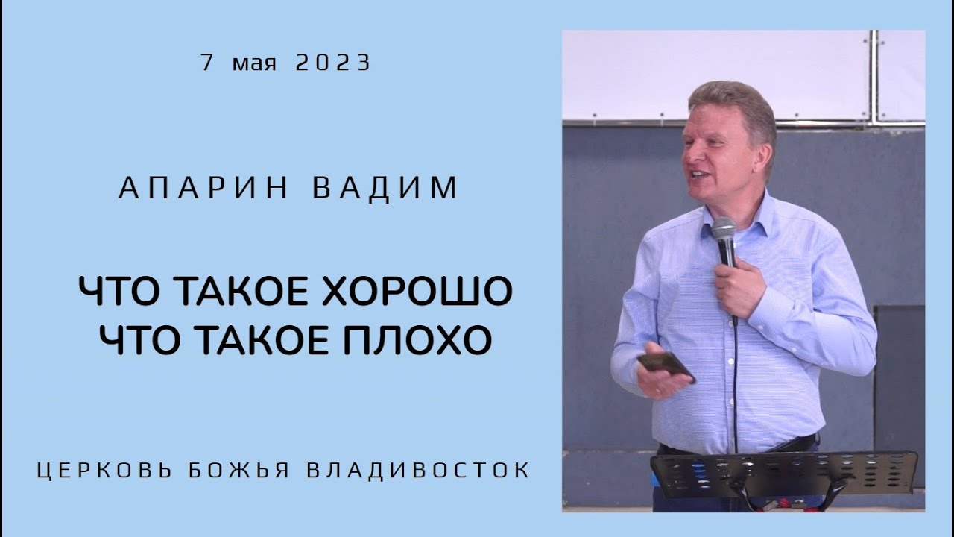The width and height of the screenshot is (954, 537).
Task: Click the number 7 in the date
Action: coord(207,63)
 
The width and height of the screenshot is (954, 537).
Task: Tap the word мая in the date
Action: coord(254,64)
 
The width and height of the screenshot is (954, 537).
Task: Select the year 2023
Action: coord(332,63)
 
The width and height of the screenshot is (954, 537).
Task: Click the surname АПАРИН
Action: coord(203,188)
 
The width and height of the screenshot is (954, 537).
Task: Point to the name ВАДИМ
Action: coord(385,188)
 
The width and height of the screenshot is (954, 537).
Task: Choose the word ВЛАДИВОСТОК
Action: coord(418,471)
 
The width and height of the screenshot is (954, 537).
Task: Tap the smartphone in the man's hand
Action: coord(666,365)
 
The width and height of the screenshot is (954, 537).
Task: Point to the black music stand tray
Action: coord(783,474)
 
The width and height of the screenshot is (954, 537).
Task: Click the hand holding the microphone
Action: coord(738,287)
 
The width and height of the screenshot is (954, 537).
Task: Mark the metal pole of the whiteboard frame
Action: coord(874,75)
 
